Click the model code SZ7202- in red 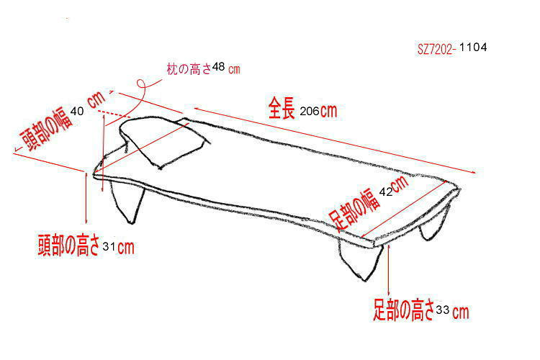tap(436, 50)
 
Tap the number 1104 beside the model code tap(473, 48)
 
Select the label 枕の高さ tap(189, 69)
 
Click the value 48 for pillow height tap(218, 66)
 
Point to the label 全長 tap(282, 108)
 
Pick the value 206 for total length tap(310, 112)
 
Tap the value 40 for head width tap(77, 111)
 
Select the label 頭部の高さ tap(69, 245)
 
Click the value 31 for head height tap(109, 246)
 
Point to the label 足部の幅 tap(354, 209)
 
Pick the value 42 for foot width tap(386, 192)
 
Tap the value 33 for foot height tap(443, 310)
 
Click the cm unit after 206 tap(328, 111)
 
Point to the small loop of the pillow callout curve tap(140, 84)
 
